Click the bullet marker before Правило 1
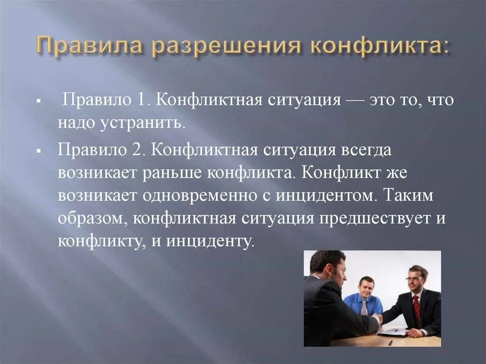[38, 102]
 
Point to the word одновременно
[199, 195]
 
